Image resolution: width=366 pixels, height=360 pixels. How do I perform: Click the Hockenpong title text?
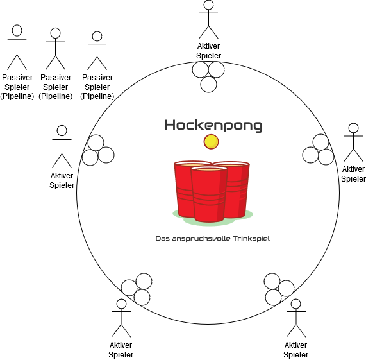point(213,125)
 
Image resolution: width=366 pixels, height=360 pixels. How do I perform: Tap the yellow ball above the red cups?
point(211,142)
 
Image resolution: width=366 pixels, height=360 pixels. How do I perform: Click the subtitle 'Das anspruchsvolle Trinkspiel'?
point(213,239)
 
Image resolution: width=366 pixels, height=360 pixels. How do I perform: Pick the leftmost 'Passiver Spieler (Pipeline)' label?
point(17,87)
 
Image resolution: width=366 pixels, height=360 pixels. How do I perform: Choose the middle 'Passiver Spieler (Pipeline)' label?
point(56,87)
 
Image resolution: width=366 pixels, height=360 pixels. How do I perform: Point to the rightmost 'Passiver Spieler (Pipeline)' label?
point(97,87)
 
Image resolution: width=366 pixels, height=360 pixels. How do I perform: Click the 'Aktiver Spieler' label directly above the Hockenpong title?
point(208,51)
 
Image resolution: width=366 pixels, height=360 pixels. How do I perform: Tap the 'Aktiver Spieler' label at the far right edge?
point(353,174)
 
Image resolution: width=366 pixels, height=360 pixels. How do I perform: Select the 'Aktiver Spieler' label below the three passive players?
point(62,180)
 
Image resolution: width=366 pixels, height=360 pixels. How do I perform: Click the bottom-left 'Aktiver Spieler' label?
point(121,350)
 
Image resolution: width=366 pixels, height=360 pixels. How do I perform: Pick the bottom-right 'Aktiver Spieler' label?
point(295,350)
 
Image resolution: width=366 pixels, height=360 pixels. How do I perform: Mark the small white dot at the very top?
point(208,5)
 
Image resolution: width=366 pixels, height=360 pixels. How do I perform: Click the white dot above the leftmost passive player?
point(17,30)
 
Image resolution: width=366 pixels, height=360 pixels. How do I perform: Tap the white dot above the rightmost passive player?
point(97,36)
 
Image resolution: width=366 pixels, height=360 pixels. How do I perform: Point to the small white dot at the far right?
point(353,128)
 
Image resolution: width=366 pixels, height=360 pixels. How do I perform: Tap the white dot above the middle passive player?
point(56,33)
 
